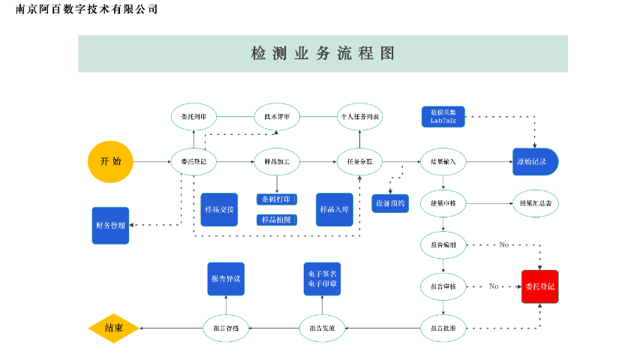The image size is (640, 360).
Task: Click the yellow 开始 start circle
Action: point(110,161)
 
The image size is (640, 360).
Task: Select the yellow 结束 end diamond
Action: point(113,328)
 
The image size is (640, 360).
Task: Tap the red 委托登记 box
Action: point(539,286)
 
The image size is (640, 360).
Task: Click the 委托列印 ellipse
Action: point(194,117)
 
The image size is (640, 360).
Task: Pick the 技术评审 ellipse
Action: point(277,117)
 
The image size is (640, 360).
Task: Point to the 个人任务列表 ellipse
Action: point(359,117)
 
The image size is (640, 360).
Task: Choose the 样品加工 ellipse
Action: point(277,161)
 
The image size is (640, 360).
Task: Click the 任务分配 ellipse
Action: point(359,161)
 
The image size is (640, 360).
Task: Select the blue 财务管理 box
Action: point(110,226)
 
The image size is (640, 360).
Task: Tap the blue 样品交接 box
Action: point(219,209)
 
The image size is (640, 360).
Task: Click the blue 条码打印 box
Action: point(277,199)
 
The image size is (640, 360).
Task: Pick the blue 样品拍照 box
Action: point(277,220)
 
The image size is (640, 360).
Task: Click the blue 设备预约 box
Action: point(390,203)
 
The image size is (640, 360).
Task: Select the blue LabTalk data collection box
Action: point(443,116)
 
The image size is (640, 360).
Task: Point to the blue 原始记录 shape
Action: point(535,161)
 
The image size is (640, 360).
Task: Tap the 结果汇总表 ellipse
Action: point(535,203)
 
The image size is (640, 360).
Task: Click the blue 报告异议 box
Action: point(226,278)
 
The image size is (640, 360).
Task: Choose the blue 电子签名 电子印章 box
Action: point(322,278)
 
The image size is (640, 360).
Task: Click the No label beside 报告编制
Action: point(503,245)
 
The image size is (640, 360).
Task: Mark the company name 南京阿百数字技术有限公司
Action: point(87,9)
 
